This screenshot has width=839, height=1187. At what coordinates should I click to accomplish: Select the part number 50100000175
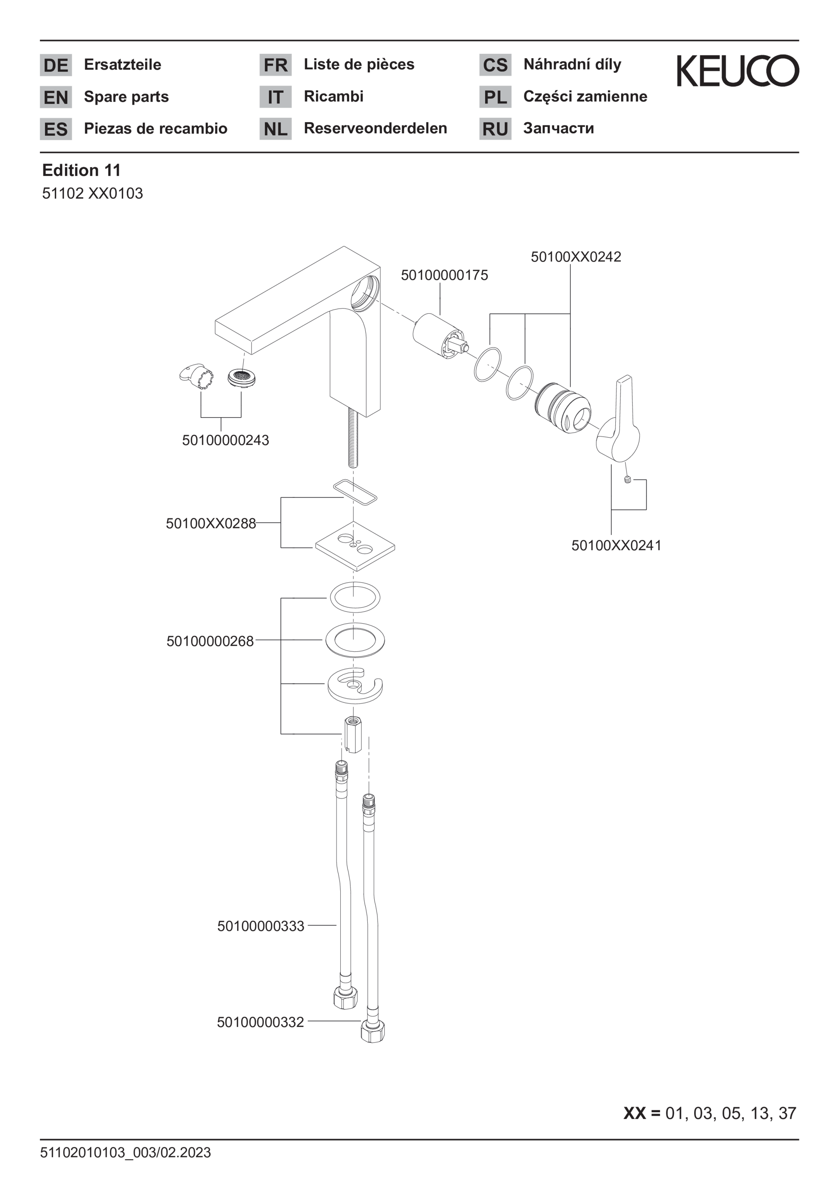click(x=445, y=275)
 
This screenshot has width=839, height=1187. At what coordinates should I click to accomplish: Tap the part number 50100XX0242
click(x=576, y=257)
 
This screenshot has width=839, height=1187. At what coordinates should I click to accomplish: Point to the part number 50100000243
click(x=225, y=441)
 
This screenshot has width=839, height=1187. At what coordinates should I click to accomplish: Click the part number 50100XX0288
click(x=211, y=524)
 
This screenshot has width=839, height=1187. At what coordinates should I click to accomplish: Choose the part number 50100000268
click(x=210, y=642)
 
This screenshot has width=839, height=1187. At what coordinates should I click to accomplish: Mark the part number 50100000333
click(x=261, y=926)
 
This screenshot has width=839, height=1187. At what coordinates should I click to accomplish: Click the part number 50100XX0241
click(x=616, y=545)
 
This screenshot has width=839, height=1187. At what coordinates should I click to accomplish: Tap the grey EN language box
click(x=56, y=97)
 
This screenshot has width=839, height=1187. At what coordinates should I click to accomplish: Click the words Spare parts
click(x=126, y=97)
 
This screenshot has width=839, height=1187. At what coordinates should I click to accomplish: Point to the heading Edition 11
click(x=81, y=170)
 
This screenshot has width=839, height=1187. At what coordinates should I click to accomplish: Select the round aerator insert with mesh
click(x=242, y=378)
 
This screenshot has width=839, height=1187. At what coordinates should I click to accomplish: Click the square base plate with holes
click(x=355, y=547)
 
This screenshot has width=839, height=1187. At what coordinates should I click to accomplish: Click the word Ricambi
click(x=334, y=96)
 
